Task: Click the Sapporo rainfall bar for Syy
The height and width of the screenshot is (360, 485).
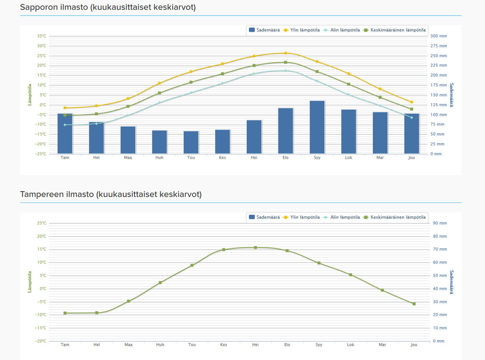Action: tap(317, 127)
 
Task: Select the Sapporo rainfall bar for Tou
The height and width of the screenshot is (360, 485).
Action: tap(191, 142)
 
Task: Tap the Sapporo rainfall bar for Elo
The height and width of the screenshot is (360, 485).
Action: tap(286, 131)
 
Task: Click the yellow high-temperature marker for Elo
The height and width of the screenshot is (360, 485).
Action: tap(286, 53)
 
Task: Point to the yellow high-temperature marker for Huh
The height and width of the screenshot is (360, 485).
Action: tap(160, 83)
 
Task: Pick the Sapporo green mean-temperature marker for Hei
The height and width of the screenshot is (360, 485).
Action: tap(254, 65)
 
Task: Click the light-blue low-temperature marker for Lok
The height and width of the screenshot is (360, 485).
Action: tap(349, 95)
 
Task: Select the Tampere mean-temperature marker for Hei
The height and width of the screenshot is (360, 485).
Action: tap(255, 248)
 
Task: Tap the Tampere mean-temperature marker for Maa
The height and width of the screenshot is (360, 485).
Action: tap(128, 301)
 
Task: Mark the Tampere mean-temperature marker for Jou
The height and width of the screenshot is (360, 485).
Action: tap(414, 304)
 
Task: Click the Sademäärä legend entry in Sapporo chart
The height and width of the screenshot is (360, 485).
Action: tap(264, 30)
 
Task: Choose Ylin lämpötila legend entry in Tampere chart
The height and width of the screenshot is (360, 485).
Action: tap(302, 217)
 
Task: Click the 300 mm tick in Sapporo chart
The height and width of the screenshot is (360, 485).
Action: tap(438, 36)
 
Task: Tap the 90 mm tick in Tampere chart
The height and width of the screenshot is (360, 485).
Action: tap(440, 223)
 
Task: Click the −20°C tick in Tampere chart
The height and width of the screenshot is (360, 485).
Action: tap(41, 341)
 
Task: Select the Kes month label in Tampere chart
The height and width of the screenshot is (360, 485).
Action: tap(224, 345)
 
